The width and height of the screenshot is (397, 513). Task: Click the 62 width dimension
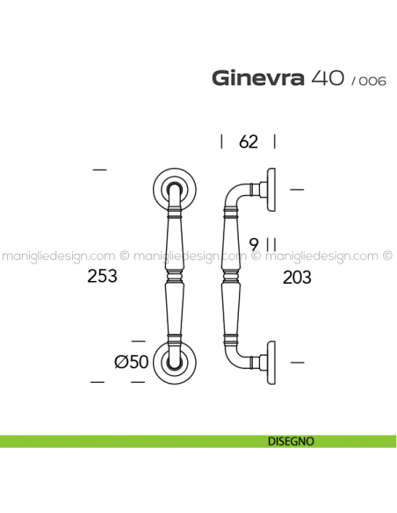tap(248, 141)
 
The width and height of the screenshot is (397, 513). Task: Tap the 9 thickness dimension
tap(253, 244)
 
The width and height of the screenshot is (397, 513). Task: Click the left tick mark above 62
tap(221, 141)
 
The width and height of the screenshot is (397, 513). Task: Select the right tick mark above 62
tap(275, 141)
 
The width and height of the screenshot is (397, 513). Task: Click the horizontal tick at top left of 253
tap(99, 169)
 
